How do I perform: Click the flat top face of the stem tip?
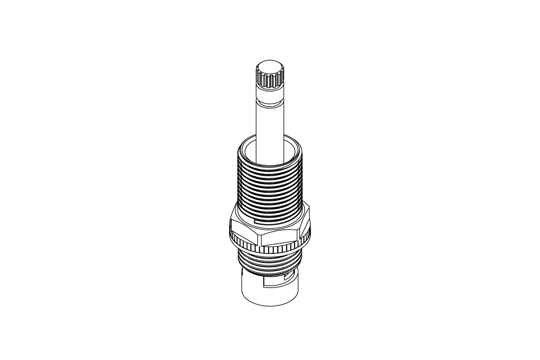point(270,66)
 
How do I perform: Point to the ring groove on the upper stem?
point(270,100)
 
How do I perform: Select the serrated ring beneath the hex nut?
point(270,249)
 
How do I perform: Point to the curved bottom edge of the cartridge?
point(270,305)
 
